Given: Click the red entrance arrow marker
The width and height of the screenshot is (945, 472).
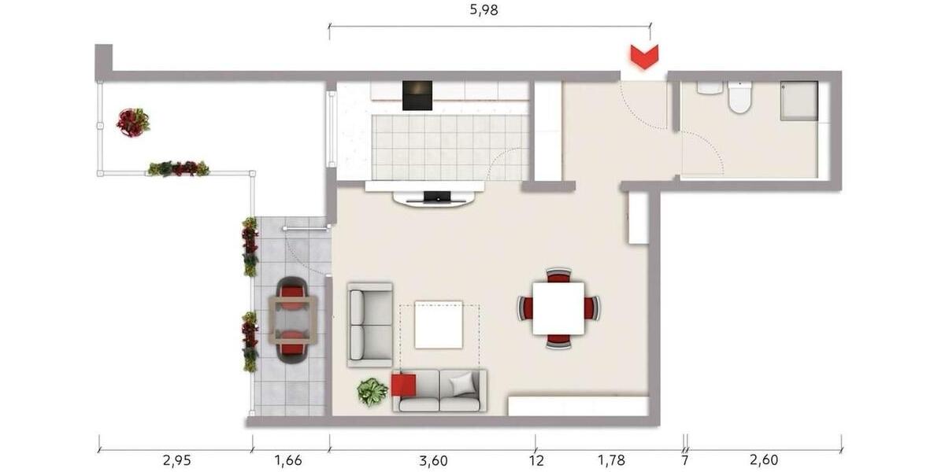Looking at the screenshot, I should [x=644, y=57].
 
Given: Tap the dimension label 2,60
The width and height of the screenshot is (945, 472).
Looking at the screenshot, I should [x=762, y=459].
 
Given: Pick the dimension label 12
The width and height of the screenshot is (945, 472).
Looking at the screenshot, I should [x=536, y=459].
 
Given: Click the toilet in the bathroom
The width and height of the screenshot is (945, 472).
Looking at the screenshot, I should [x=739, y=98].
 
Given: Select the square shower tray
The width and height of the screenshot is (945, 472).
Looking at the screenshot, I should [x=799, y=101].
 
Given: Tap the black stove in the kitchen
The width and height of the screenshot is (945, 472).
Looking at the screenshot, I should [x=417, y=95].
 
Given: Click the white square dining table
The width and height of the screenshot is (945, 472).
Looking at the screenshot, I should [x=558, y=308].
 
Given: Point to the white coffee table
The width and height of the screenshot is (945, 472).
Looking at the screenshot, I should [x=439, y=324].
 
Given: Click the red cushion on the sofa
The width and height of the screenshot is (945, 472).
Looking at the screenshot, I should [x=403, y=385].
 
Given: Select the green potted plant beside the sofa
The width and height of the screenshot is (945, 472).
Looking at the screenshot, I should [x=372, y=391].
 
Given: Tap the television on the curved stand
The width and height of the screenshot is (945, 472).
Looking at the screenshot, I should [x=437, y=196].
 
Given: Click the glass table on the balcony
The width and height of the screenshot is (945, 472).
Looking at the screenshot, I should [x=292, y=320].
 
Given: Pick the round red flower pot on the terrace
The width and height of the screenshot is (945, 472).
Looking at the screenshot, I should [x=132, y=122].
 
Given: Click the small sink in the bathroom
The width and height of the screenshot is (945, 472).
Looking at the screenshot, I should [x=710, y=87].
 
